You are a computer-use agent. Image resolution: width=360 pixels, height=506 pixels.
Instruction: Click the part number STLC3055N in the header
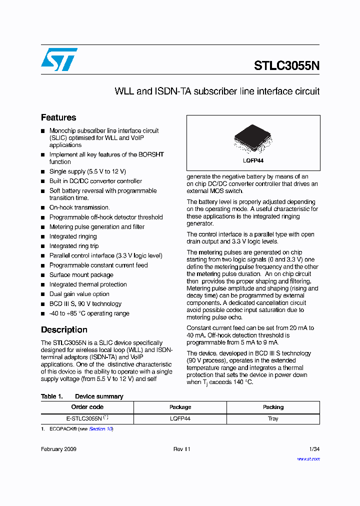point(286,66)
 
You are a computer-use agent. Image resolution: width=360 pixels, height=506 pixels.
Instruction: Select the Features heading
point(58,117)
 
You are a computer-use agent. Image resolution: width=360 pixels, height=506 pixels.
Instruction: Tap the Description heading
point(64,329)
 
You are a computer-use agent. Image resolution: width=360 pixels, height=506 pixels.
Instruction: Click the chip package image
point(253,138)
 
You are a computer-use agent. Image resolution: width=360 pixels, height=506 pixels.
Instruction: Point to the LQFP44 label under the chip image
point(253,160)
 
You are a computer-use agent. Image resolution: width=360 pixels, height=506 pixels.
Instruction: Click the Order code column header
point(87,407)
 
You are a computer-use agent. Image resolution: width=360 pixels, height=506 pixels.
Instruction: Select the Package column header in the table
point(180,407)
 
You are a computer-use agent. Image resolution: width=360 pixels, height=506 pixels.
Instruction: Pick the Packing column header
point(273,407)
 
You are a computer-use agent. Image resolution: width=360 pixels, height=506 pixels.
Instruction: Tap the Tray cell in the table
point(273,418)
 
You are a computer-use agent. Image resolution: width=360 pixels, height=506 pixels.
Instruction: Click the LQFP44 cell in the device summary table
point(180,418)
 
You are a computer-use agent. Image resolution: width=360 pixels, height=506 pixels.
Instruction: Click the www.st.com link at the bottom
point(308,458)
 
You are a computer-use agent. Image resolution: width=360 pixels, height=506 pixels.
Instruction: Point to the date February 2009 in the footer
point(58,449)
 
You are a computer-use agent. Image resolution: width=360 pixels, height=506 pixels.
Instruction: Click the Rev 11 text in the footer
point(182,449)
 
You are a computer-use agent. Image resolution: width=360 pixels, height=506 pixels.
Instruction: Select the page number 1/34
point(314,449)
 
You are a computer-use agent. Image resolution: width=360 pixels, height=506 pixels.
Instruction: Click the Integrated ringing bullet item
point(73,236)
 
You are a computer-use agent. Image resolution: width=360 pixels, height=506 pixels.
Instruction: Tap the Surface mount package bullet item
point(81,275)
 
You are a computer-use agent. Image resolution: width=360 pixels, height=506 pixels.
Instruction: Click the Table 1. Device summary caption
point(82,396)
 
